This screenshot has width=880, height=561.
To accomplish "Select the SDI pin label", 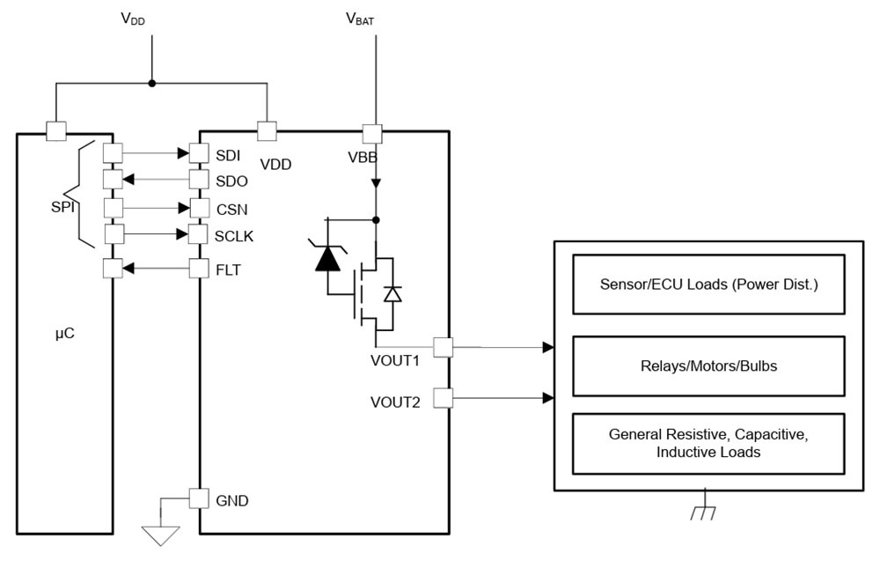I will (x=228, y=154).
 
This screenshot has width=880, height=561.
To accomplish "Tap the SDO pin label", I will (x=231, y=181).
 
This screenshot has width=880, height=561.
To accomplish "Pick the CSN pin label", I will (x=231, y=210).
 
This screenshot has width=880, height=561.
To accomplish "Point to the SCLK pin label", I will (x=235, y=237).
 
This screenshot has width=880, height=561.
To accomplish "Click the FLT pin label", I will (x=228, y=270).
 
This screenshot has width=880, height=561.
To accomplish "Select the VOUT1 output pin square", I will (x=443, y=347).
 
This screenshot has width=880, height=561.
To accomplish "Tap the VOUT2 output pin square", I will (x=443, y=399).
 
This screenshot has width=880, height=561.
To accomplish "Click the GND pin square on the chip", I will (x=200, y=498).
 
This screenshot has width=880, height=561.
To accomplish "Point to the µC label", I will (x=64, y=334).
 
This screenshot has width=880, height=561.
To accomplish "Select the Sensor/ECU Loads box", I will (x=708, y=284).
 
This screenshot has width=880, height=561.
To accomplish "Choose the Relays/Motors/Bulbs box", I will (x=708, y=365).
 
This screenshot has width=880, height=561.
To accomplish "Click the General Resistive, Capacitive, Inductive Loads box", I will (x=708, y=443).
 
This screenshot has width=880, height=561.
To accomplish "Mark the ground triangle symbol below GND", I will (x=162, y=535).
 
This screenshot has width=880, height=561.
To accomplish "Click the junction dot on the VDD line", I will (x=152, y=84).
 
